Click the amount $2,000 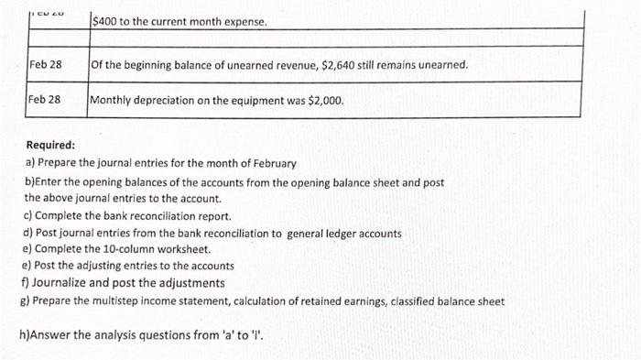point(326,99)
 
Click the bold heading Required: point(51,145)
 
